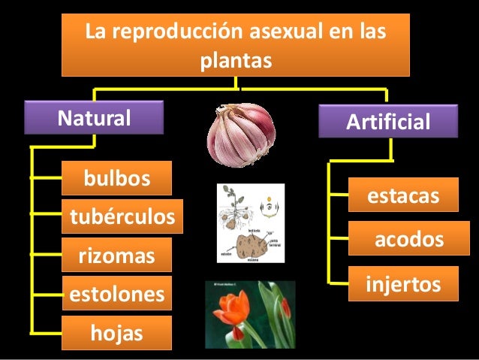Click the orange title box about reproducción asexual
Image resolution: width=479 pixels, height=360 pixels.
point(235,44)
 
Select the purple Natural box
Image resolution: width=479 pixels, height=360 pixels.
point(95,118)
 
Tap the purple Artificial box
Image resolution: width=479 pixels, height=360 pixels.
point(387,123)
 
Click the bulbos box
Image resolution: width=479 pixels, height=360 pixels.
point(116,178)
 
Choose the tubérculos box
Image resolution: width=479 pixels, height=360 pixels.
point(122,218)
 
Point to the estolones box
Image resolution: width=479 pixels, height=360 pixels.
point(116,294)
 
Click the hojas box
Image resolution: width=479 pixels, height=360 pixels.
point(116,332)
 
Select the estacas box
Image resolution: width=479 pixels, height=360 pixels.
point(402,196)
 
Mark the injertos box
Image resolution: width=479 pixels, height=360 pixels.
point(402,284)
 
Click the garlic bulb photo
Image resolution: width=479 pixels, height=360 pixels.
point(241,134)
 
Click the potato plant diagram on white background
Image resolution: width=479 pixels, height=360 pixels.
point(251,222)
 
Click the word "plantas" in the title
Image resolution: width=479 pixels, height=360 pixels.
point(235,59)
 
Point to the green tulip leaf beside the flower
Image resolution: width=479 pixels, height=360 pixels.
point(274,316)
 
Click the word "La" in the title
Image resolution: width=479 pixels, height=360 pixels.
point(97,33)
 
